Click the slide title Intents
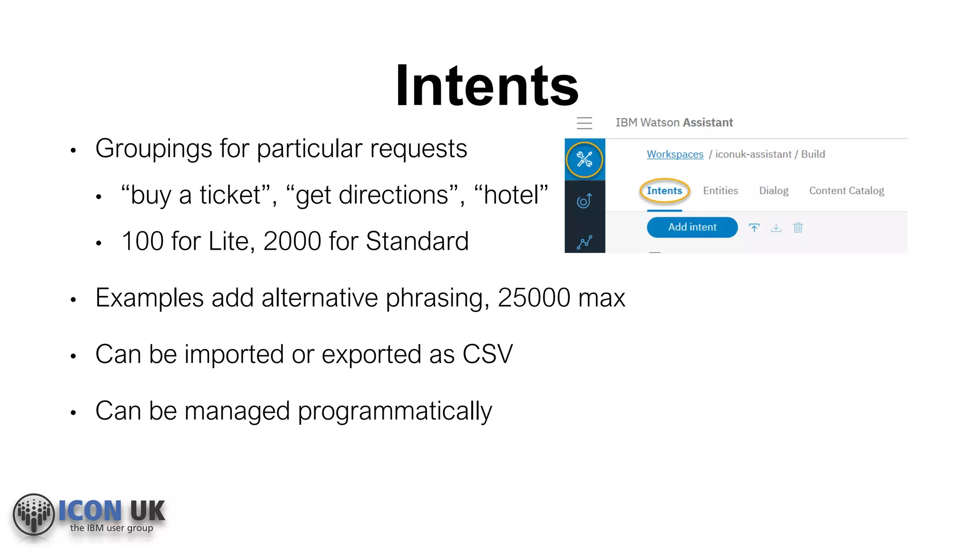[487, 86]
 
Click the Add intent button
[692, 227]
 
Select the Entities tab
[720, 191]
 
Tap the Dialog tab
[773, 191]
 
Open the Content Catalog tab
[846, 191]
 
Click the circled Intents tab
[664, 191]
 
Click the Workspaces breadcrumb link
[675, 154]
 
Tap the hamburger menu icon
[584, 123]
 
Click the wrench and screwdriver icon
[584, 159]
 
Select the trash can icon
[798, 228]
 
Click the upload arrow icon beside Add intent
[754, 228]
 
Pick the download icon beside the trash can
[776, 228]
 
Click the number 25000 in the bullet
[533, 298]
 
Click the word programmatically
[395, 411]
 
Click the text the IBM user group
[111, 528]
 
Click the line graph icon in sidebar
[584, 242]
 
